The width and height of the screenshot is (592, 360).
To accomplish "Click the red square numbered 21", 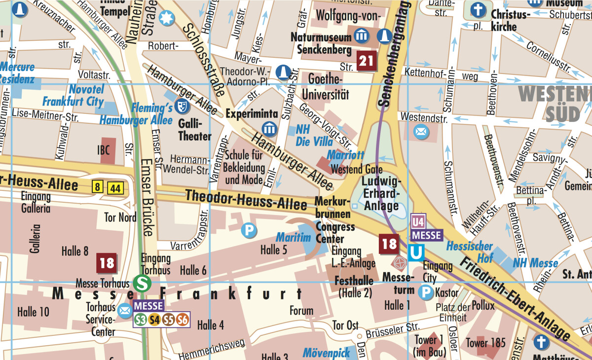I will tap(367, 61).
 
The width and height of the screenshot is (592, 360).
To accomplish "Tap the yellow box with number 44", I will tap(115, 187).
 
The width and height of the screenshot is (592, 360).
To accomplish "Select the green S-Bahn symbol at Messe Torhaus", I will tap(142, 283).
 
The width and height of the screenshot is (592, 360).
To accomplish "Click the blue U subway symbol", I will tap(416, 253).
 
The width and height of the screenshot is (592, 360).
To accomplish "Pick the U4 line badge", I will tap(418, 221).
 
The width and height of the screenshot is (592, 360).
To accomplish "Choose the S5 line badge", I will tap(169, 320).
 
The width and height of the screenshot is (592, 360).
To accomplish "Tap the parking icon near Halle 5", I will tap(249, 230).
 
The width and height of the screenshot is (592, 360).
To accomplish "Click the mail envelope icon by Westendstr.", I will tap(421, 132).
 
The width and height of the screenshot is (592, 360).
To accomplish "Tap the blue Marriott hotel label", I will tap(345, 155).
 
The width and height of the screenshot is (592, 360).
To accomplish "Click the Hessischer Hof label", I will tap(469, 252).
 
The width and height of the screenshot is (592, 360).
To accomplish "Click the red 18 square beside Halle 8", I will tap(107, 263).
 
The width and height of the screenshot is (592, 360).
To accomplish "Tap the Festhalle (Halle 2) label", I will tap(354, 286).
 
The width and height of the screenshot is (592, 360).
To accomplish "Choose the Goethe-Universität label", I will tap(325, 86).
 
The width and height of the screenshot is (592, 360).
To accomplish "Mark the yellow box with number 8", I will tap(98, 187).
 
